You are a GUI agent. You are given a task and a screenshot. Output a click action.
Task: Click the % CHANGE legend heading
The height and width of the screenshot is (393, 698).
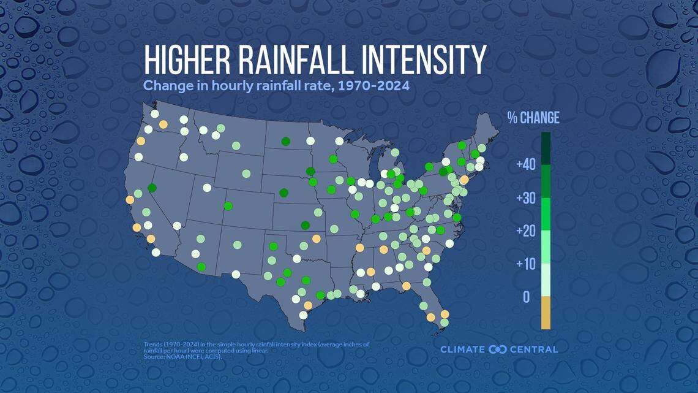tap(533, 118)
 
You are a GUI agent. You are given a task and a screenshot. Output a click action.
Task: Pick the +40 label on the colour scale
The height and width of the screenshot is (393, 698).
tap(525, 165)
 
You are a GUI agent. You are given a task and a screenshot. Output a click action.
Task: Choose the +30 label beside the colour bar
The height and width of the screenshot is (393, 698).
tap(525, 198)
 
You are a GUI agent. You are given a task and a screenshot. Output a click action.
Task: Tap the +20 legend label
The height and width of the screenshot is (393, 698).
tap(525, 231)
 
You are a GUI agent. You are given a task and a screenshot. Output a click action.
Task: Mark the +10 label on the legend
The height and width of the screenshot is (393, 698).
tap(525, 264)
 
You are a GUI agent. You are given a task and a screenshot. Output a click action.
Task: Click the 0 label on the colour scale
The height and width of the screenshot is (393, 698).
tap(527, 297)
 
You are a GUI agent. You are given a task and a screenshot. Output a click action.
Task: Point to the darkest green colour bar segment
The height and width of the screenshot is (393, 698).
tap(546, 149)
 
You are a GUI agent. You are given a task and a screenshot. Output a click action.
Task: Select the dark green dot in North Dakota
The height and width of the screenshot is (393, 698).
tap(285, 142)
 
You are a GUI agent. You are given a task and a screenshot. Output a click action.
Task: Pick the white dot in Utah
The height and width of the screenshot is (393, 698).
tap(207, 188)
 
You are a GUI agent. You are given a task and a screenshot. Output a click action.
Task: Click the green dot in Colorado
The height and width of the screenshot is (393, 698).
tap(228, 206)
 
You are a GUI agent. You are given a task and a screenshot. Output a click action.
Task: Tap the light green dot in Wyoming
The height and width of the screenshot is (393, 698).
tap(246, 174)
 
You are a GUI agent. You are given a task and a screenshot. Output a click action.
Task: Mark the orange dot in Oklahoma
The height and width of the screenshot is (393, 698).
tap(316, 238)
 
